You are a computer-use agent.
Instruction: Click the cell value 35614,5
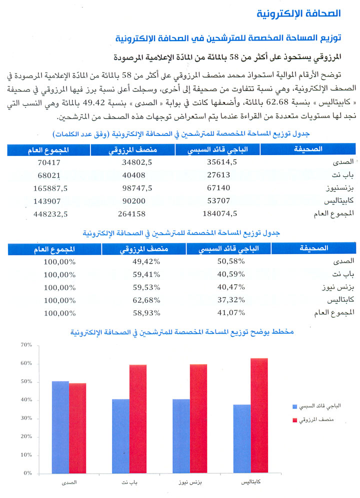tap(222, 162)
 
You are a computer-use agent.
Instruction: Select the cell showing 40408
tap(134, 175)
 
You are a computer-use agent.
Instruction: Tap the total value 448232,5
tap(50, 214)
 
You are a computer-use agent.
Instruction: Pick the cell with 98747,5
tap(137, 188)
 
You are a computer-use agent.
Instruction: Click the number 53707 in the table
tap(218, 200)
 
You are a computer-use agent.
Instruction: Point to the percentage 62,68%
tap(146, 300)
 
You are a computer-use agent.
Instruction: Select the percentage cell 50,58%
tap(231, 261)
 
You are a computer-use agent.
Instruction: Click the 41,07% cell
tap(231, 313)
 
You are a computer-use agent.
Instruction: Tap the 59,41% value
tap(146, 274)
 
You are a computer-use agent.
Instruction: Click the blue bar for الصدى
tap(60, 427)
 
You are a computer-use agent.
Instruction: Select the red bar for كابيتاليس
tap(259, 415)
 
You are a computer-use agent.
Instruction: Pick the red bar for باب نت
tap(138, 419)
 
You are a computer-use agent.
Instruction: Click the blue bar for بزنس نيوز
tap(181, 436)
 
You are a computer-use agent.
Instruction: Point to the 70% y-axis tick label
tap(26, 345)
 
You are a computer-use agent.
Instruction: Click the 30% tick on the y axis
tap(26, 418)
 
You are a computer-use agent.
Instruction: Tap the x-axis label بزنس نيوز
tap(190, 482)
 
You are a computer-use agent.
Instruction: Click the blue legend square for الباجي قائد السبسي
tap(294, 406)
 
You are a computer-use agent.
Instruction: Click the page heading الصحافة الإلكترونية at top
tap(298, 13)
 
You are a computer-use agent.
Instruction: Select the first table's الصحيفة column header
tap(308, 149)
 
